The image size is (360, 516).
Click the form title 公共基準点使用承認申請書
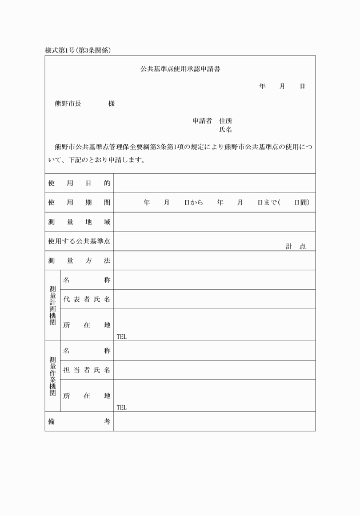click(181, 69)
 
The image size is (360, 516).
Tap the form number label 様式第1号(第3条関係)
click(78, 50)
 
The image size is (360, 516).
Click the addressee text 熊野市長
click(67, 104)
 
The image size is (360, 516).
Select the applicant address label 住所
click(225, 121)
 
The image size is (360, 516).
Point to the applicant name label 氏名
click(225, 130)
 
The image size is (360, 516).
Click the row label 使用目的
click(79, 183)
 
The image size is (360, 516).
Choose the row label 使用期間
click(79, 203)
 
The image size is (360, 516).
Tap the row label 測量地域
click(79, 222)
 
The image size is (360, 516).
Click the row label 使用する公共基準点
click(79, 241)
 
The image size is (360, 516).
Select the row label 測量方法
click(79, 261)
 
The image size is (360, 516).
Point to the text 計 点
click(295, 246)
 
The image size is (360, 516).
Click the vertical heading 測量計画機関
click(53, 305)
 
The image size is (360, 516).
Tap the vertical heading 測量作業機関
click(53, 376)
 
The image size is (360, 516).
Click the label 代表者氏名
click(87, 299)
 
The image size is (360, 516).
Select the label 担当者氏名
click(87, 370)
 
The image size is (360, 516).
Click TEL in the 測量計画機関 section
click(122, 337)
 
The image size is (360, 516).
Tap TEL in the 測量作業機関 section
click(122, 407)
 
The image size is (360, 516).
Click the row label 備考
click(79, 421)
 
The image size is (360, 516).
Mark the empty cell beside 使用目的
click(214, 183)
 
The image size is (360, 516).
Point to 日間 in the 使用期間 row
click(301, 203)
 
